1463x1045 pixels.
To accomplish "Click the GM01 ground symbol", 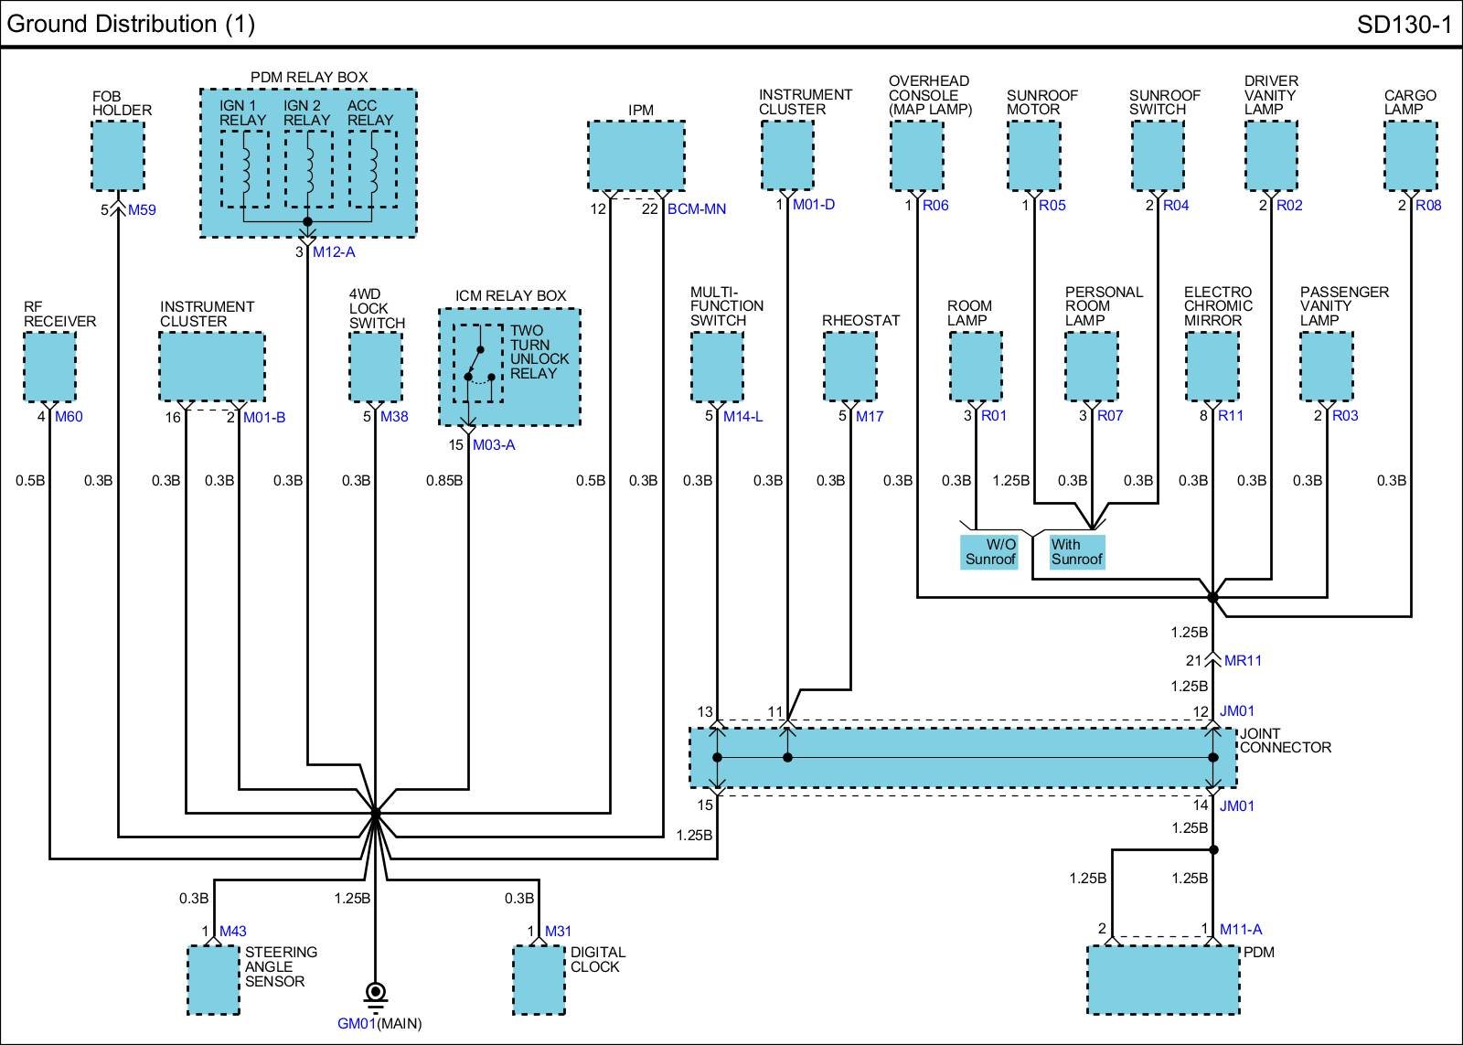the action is [x=376, y=997].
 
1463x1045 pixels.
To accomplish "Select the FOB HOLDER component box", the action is [x=118, y=155].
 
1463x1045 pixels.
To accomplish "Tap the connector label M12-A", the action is [x=334, y=252].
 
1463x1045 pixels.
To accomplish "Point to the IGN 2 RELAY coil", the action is [x=308, y=169].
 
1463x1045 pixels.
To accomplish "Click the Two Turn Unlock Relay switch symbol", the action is [x=478, y=363].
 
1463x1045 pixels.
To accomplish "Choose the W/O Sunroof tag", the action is [x=989, y=552].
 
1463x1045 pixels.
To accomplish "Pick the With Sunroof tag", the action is [x=1076, y=552].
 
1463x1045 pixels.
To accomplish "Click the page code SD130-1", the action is [x=1404, y=25].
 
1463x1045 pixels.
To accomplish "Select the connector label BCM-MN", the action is [x=696, y=209].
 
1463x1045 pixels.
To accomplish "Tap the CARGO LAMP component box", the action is [x=1411, y=155].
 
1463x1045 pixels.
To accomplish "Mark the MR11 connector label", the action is [x=1243, y=660].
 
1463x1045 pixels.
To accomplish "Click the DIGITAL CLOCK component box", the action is [x=539, y=980].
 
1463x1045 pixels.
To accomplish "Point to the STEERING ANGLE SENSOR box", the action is [x=214, y=980].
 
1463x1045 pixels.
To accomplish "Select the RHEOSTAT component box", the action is [x=849, y=367].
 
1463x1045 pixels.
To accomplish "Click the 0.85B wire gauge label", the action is [x=444, y=481].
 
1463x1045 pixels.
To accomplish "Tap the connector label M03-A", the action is [x=494, y=444].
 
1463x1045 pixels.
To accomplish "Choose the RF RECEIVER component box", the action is [x=49, y=367].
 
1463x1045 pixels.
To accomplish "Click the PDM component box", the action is [x=1163, y=980].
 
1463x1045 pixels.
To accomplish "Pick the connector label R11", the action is [x=1231, y=415].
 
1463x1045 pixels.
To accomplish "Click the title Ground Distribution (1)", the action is [x=131, y=24].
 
